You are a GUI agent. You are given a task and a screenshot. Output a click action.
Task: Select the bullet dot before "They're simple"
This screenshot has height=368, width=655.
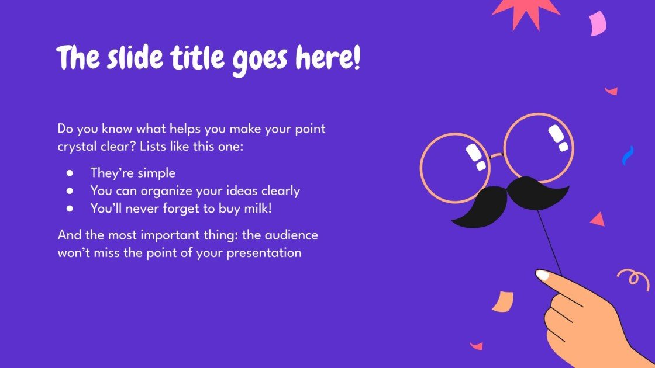click(70, 173)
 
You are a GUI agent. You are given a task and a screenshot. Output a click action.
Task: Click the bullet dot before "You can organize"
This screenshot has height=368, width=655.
click(70, 190)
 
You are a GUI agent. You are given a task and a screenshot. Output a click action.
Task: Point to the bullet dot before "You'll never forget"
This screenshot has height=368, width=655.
click(70, 207)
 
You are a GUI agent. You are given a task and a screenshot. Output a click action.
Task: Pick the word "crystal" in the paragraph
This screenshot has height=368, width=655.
click(77, 147)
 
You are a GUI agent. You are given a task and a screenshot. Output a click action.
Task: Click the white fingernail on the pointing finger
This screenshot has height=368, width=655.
click(543, 275)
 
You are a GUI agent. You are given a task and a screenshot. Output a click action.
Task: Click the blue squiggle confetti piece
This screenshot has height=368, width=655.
click(628, 155)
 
